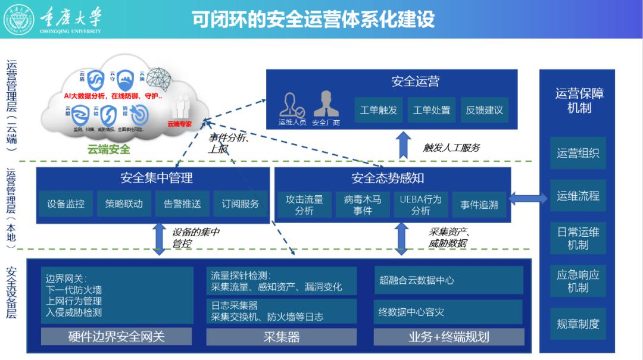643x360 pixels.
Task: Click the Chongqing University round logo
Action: (x=20, y=18)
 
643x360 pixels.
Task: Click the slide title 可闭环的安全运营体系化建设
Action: (x=313, y=19)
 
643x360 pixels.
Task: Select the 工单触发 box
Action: (x=379, y=110)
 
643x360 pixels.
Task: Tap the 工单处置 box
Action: (x=432, y=110)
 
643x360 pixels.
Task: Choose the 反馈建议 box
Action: (x=485, y=110)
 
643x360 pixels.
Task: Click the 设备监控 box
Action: (x=66, y=204)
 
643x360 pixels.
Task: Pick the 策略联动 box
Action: (x=124, y=204)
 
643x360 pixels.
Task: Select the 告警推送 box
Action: (x=182, y=204)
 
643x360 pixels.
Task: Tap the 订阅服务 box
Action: (x=241, y=204)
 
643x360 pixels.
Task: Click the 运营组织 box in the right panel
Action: (x=578, y=154)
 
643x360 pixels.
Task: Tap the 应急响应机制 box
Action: (x=578, y=281)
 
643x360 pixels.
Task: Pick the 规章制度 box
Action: (x=578, y=324)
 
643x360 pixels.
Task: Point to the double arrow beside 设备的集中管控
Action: (x=159, y=238)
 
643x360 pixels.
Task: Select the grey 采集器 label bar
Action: (x=281, y=337)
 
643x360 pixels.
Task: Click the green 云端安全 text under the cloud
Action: (x=109, y=149)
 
